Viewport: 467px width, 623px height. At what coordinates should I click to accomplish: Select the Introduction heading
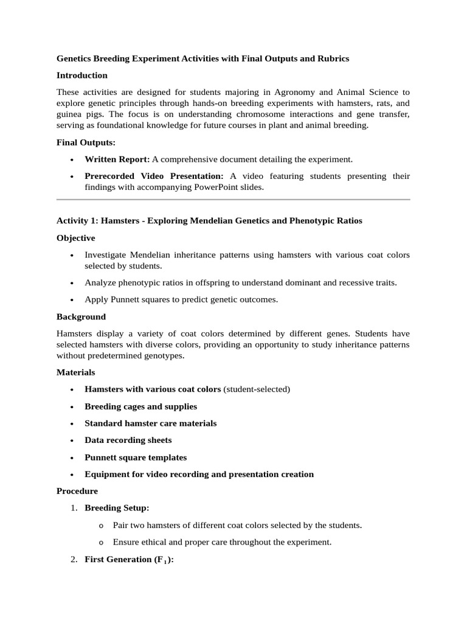point(82,75)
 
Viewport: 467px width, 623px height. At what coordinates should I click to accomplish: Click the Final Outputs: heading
point(86,142)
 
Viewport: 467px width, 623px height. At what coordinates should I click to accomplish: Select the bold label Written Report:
point(117,159)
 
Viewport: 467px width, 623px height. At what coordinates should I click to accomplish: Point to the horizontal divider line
point(233,199)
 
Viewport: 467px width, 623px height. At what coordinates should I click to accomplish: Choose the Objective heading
point(76,238)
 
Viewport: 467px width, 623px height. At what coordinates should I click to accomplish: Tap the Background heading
point(81,317)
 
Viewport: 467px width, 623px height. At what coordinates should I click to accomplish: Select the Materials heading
point(76,372)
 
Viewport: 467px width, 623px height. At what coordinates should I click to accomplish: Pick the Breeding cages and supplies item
point(140,406)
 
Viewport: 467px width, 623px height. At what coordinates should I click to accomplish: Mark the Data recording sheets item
point(128,440)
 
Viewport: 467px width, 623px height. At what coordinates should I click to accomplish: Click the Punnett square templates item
point(136,458)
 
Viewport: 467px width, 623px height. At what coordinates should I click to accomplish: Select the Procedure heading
point(77,491)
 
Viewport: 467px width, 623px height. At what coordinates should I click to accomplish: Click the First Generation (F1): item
point(129,560)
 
